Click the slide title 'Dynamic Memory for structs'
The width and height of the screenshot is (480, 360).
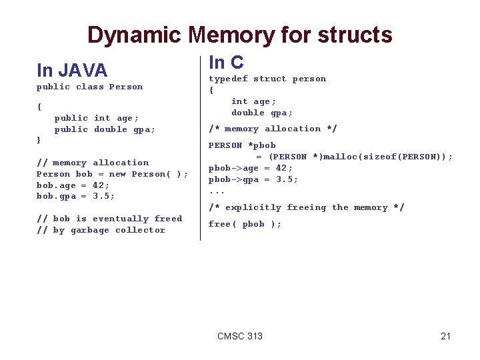(x=240, y=35)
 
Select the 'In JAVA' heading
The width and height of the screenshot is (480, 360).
(x=72, y=70)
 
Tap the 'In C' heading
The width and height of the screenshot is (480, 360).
(x=226, y=63)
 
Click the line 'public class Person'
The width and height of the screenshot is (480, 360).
(x=89, y=87)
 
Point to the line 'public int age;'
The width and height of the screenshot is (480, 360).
(x=97, y=118)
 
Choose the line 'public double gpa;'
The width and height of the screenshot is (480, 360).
(x=105, y=129)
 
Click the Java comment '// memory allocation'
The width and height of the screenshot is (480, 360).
(x=93, y=163)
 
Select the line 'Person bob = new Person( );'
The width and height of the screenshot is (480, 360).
(x=112, y=174)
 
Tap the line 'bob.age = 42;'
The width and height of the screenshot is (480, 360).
(x=73, y=185)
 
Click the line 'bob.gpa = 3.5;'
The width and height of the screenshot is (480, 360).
(x=76, y=196)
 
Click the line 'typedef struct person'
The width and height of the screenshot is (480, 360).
(x=267, y=79)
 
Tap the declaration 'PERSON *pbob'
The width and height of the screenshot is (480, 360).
(x=242, y=145)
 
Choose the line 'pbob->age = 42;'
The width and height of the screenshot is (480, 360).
(x=251, y=168)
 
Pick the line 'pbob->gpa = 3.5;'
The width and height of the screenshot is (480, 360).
(x=253, y=179)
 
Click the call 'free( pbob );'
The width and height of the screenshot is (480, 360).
(x=245, y=224)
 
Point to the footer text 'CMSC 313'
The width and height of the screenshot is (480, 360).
(x=240, y=336)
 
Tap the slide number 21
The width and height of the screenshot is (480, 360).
(x=445, y=336)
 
